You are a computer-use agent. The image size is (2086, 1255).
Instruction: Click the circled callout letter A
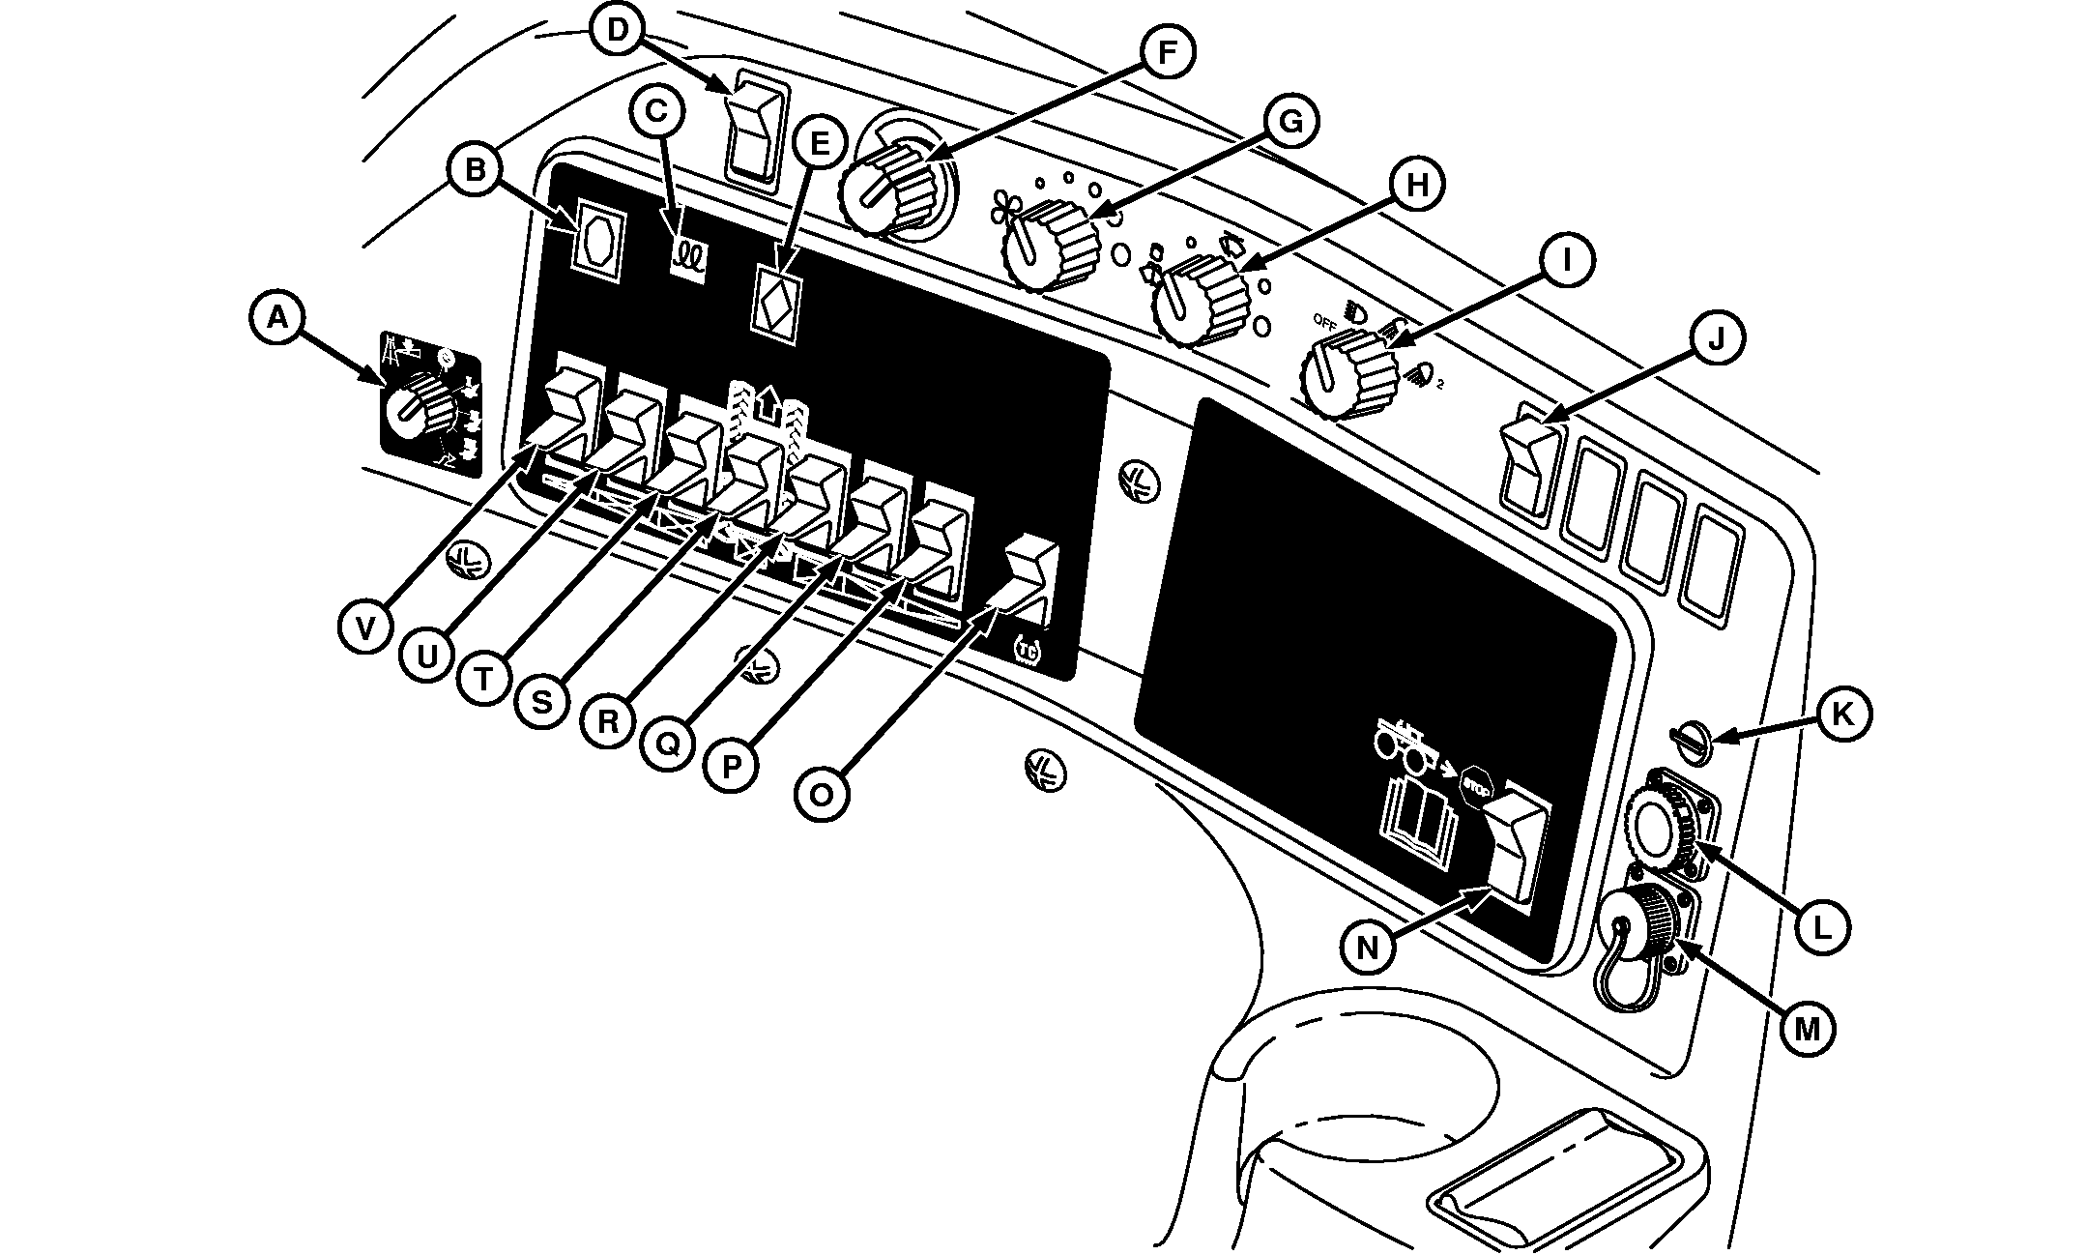277,316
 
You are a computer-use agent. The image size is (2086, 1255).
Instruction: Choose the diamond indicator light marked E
776,303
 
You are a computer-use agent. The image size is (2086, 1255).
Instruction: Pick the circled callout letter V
364,628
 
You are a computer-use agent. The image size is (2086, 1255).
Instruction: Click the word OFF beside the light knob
1323,320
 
